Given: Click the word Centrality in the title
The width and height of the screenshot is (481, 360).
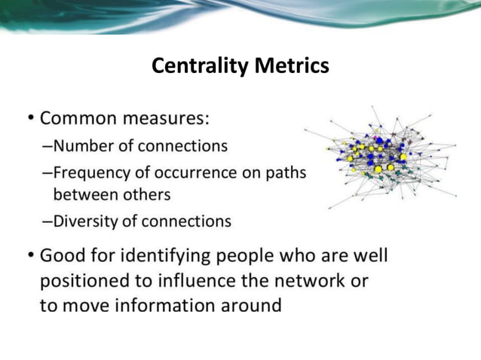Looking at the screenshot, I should tap(199, 66).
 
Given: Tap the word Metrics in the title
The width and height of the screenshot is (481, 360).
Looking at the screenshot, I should tap(291, 66).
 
